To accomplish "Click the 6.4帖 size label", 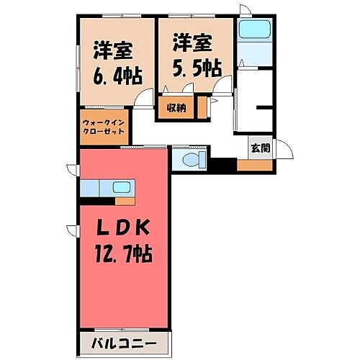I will tap(116, 74).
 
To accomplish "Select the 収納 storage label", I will tap(177, 108).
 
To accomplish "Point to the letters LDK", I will tap(124, 229).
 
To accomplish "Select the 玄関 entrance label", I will tap(260, 149).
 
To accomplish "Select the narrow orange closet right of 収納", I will tap(203, 107).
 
